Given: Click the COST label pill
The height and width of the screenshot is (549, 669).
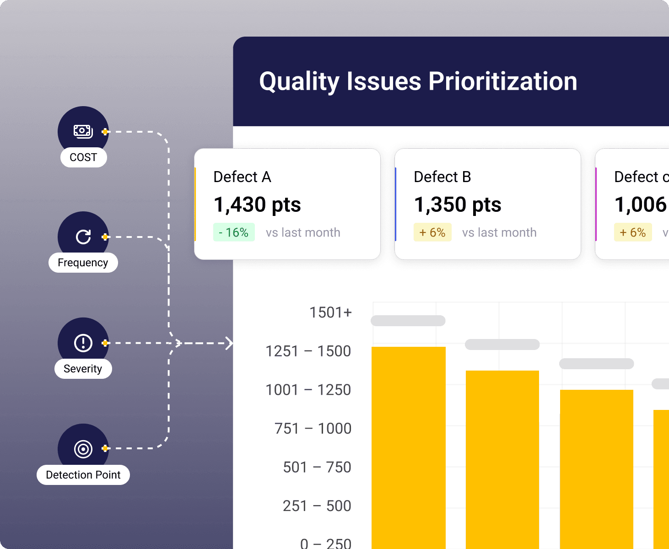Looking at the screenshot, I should click(x=83, y=157).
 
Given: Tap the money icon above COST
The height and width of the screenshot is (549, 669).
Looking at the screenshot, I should click(x=83, y=131).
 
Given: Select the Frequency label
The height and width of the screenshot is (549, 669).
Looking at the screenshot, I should click(x=83, y=263).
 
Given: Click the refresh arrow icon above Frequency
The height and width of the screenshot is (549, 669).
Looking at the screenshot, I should click(x=83, y=237).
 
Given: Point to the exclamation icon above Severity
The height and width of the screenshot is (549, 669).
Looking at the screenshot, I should click(x=83, y=343).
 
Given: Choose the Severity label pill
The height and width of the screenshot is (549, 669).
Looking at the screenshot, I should click(x=83, y=369).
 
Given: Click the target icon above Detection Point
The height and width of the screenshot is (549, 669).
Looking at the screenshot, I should click(x=83, y=449).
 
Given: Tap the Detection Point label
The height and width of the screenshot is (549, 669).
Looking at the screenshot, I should click(x=83, y=475).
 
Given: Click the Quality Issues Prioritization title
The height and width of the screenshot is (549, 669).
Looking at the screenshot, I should click(x=418, y=81).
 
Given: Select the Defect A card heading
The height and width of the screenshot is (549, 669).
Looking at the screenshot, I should click(x=242, y=177).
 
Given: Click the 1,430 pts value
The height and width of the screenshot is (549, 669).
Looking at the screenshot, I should click(x=257, y=205).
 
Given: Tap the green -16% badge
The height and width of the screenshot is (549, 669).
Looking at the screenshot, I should click(x=234, y=232).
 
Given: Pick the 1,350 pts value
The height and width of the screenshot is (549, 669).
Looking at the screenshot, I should click(x=458, y=205).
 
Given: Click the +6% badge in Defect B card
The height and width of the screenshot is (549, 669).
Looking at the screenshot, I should click(x=432, y=232).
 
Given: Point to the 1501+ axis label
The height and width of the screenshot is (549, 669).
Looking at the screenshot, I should click(x=330, y=312).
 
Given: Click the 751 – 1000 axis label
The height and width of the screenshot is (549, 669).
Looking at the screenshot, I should click(x=313, y=429).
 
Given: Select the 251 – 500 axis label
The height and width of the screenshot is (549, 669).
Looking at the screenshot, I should click(x=317, y=506).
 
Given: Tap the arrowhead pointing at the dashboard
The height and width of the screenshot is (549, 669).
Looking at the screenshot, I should click(x=229, y=343).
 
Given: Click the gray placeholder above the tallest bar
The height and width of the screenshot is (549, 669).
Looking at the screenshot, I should click(x=408, y=321).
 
